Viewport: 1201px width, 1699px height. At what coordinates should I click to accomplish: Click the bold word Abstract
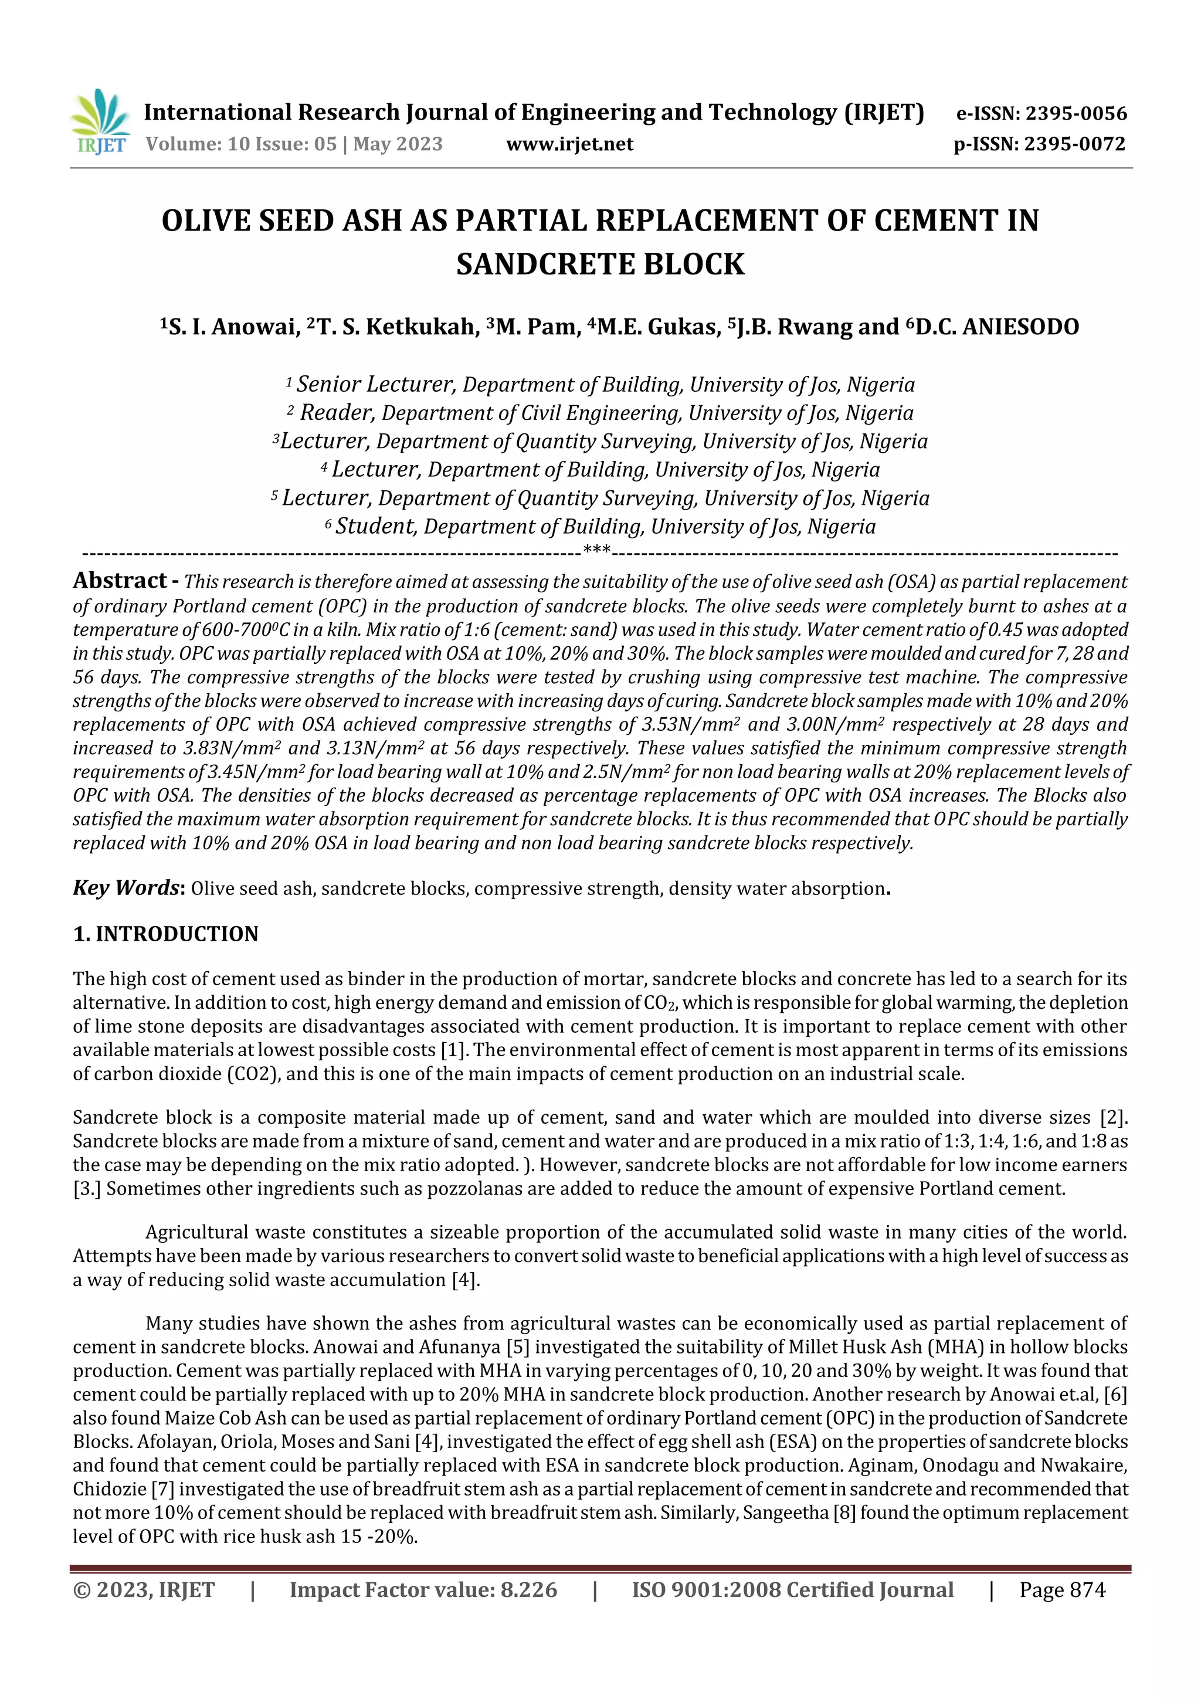(x=120, y=580)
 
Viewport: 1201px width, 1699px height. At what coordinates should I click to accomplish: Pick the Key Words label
(x=127, y=887)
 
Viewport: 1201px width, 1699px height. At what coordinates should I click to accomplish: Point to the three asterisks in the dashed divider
(x=596, y=550)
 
